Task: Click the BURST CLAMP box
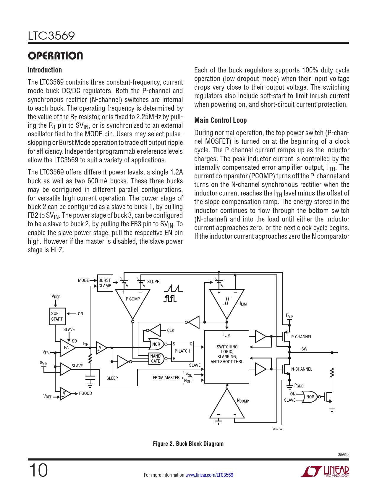coord(105,283)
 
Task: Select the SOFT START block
coord(57,316)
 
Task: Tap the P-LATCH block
coord(182,351)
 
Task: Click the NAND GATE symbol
coord(156,358)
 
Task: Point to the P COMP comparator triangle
coord(132,302)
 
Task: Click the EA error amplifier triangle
coord(67,348)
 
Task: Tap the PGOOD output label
coord(85,393)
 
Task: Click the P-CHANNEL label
coord(302,337)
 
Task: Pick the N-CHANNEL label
coord(302,369)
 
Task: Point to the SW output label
coord(304,349)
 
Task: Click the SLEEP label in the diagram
coord(112,378)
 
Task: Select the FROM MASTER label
coord(166,378)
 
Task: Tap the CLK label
coord(171,330)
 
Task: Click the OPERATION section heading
coord(55,56)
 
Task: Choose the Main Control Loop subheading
coord(220,120)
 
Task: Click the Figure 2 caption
coord(188,444)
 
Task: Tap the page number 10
coord(38,470)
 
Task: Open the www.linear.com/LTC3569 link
coord(209,475)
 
